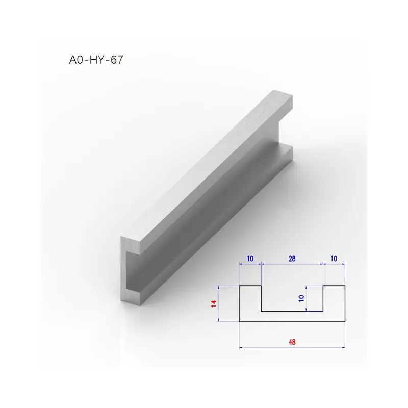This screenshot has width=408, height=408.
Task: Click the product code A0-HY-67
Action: coord(96,60)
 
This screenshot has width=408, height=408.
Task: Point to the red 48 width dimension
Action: coord(292,342)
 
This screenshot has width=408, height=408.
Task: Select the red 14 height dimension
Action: coord(214,303)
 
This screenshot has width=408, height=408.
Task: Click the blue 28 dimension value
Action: coord(292,259)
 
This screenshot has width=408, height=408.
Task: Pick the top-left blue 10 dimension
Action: coord(250,259)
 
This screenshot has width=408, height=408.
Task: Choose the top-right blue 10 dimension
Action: coord(334,259)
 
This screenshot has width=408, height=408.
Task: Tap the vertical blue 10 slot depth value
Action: coord(301,298)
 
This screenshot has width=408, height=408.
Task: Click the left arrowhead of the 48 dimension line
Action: coord(241,347)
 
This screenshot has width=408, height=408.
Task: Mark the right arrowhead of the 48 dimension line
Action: coord(343,347)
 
